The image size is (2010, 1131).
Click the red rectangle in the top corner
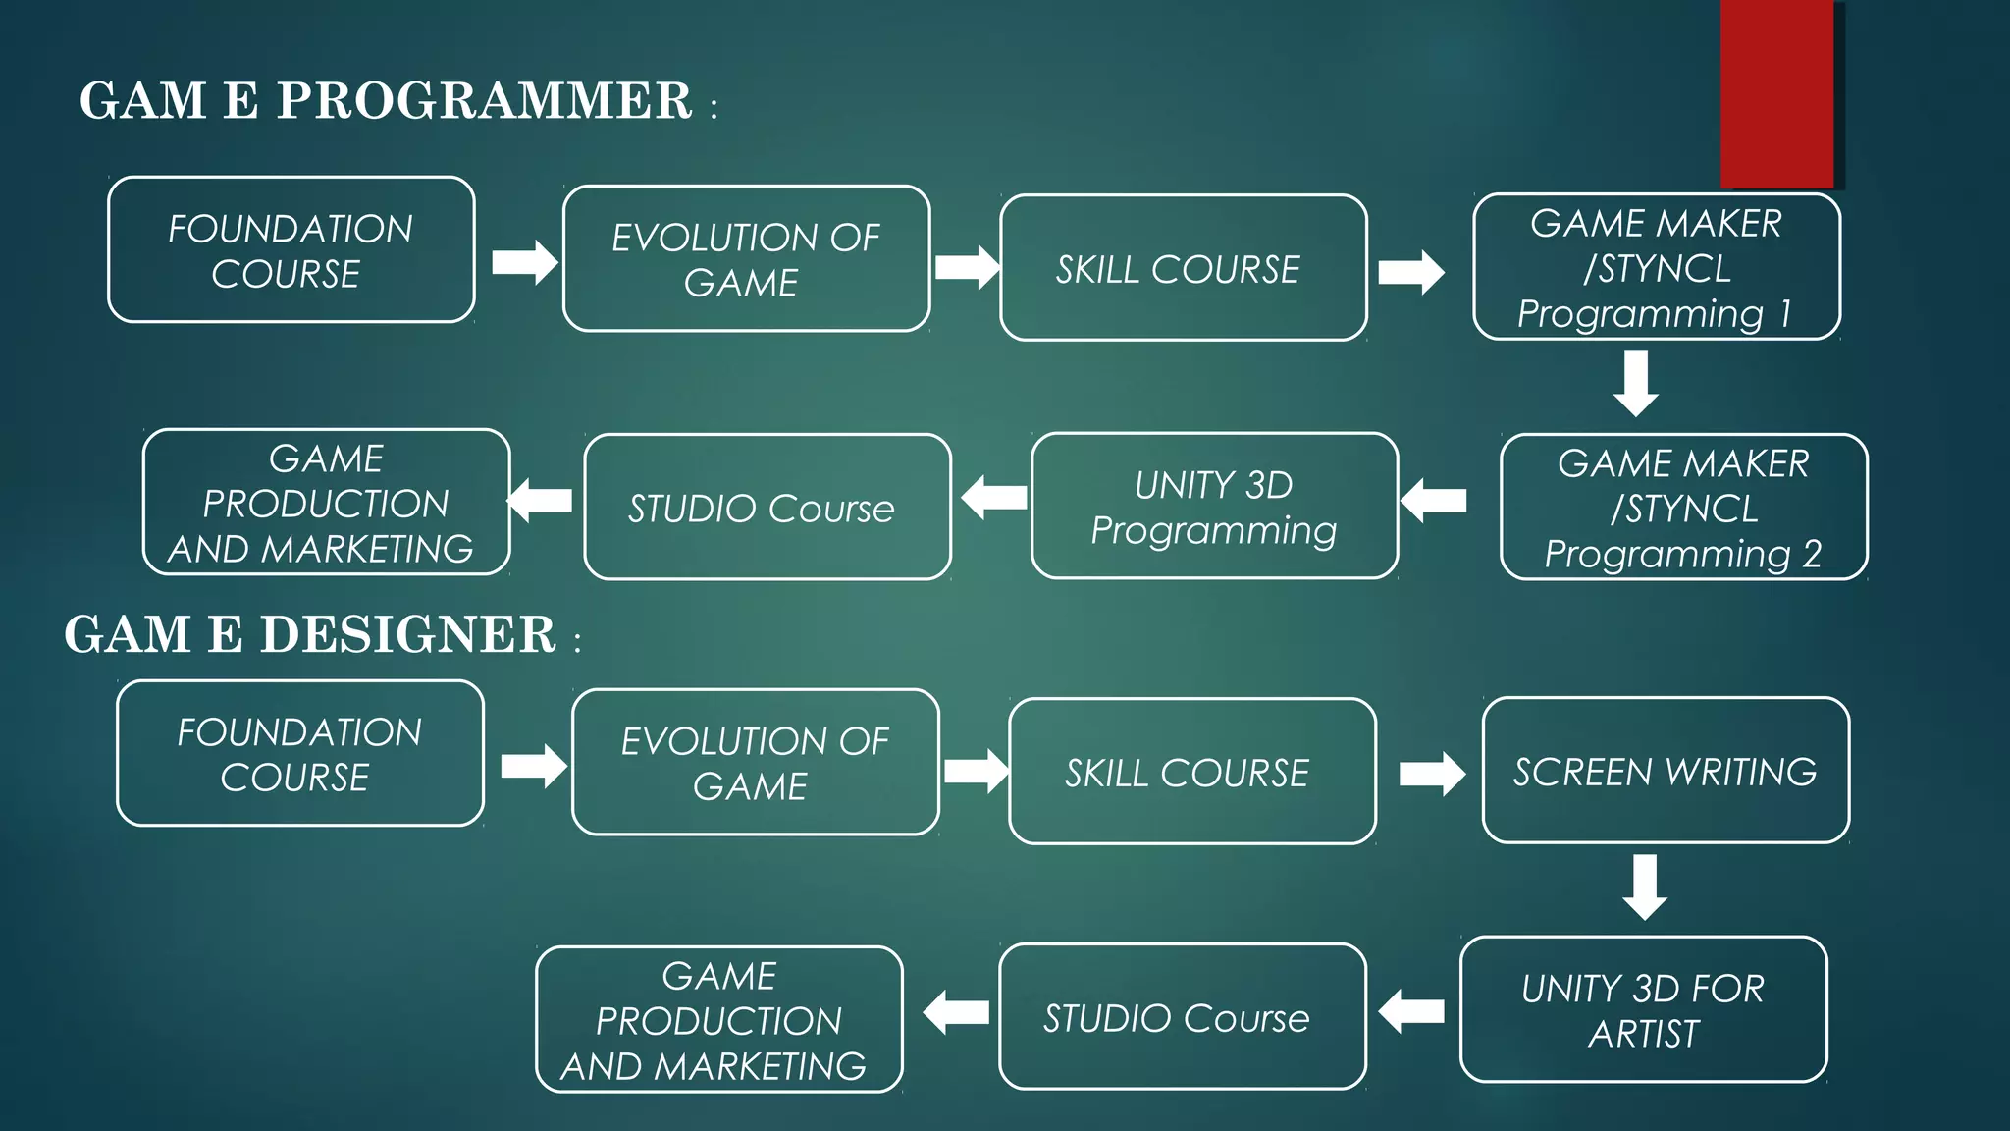coord(1776,93)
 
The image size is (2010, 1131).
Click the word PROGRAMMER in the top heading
coord(484,101)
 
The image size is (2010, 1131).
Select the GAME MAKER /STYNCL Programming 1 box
coord(1656,267)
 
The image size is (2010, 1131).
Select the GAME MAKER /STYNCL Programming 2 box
coord(1683,507)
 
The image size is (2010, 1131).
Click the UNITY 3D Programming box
coord(1214,506)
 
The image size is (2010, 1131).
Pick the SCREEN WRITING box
coord(1665,771)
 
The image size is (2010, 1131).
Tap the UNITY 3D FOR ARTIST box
coord(1643,1009)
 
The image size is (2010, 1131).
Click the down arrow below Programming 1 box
coord(1636,384)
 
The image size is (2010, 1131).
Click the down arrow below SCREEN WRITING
coord(1645,887)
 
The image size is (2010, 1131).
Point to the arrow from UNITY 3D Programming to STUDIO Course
coord(993,498)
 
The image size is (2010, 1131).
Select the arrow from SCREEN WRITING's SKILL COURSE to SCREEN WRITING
coord(1432,774)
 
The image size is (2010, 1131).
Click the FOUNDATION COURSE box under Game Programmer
coord(291,250)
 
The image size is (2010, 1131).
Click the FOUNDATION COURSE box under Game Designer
coord(299,753)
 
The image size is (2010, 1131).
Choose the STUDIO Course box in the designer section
coord(1182,1017)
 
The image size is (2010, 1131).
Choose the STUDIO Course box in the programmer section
coord(767,507)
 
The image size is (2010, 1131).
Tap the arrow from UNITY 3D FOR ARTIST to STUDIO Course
coord(1411,1011)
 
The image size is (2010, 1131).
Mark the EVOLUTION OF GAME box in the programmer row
coord(746,259)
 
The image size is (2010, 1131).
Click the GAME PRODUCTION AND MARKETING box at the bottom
coord(718,1019)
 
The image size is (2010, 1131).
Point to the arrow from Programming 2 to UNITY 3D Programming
coord(1433,501)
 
